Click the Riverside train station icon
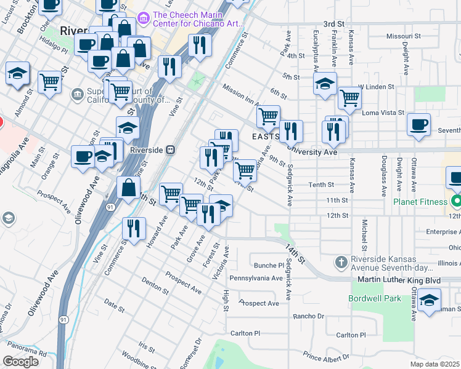[x=171, y=149]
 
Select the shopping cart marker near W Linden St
[x=349, y=98]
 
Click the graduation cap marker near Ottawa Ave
[x=429, y=301]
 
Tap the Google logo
[x=20, y=362]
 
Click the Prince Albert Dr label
[x=327, y=356]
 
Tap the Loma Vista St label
[x=385, y=113]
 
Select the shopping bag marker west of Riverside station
[x=128, y=189]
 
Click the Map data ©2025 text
[x=435, y=364]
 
